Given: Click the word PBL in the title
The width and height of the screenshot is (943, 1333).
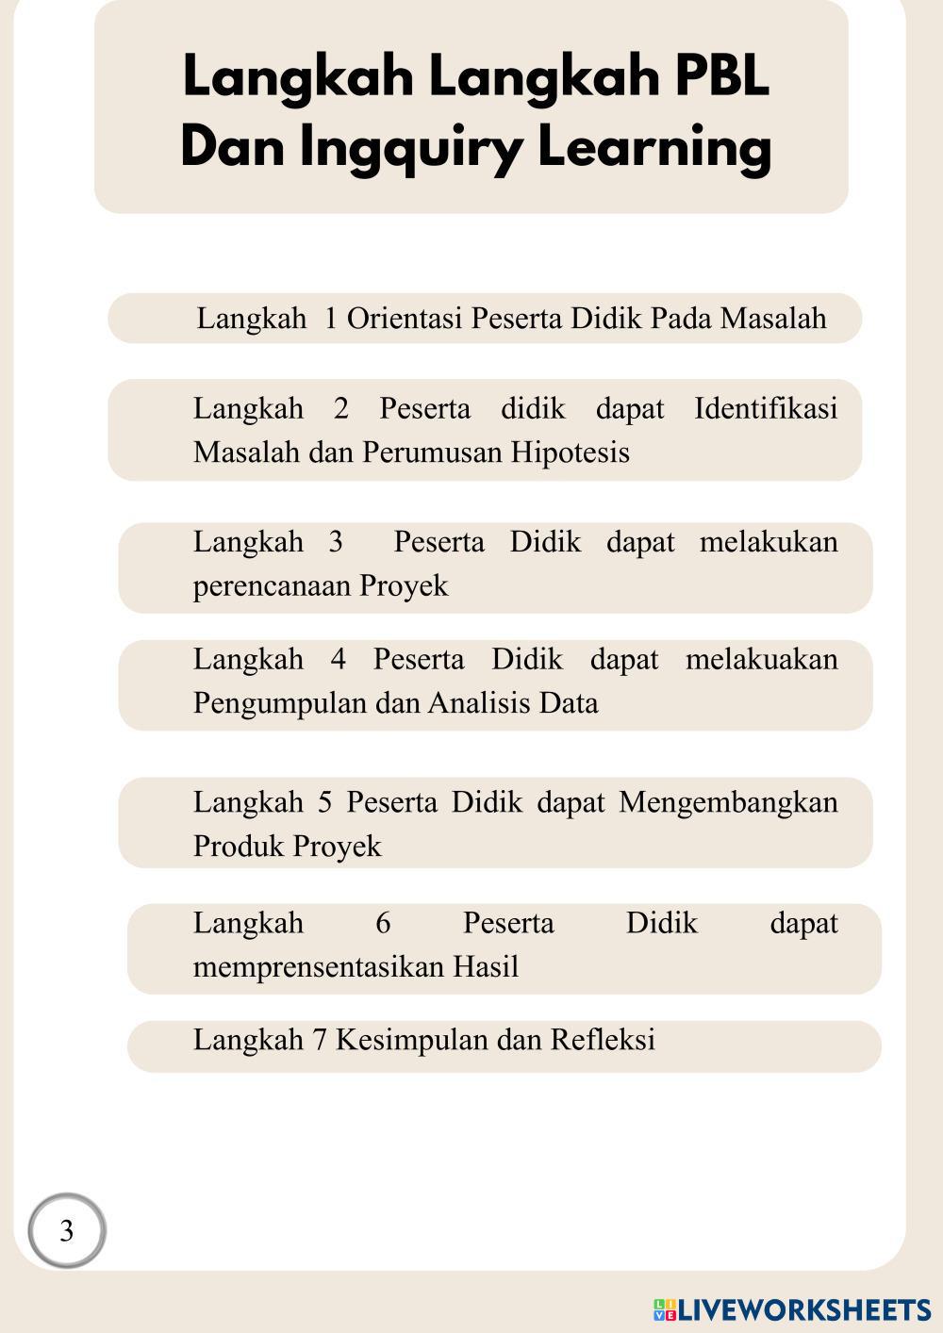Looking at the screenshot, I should pos(721,77).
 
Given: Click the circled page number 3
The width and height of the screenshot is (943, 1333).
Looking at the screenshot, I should pos(66,1231).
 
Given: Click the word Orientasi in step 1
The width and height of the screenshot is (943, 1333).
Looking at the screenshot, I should pos(405,319).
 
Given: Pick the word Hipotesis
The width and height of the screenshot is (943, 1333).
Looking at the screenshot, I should pos(570,453).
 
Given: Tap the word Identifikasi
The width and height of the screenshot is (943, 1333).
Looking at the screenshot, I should pos(765,409).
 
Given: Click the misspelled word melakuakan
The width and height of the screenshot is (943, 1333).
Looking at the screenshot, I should pos(761,659).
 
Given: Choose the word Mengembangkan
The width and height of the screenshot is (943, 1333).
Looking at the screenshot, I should pos(728,802).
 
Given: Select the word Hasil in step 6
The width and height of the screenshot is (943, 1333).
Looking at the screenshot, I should pos(486,967).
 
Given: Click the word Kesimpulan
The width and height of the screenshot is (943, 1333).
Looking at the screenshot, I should pos(411,1040).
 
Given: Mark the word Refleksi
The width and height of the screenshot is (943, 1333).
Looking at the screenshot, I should pos(603,1040).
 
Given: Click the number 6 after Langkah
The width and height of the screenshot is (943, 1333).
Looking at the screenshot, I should pos(383,923).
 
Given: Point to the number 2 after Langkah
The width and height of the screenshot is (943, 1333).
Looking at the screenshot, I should pos(340,409).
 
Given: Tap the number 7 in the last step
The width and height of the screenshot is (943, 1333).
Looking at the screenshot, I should pos(319,1040).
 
